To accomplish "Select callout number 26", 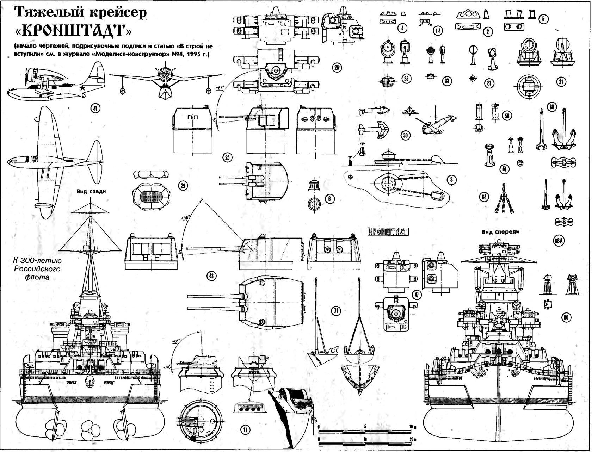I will coord(337,67).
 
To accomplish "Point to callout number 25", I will coord(228,157).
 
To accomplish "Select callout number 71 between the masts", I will coord(336,310).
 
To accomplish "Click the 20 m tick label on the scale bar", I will coord(413,439).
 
